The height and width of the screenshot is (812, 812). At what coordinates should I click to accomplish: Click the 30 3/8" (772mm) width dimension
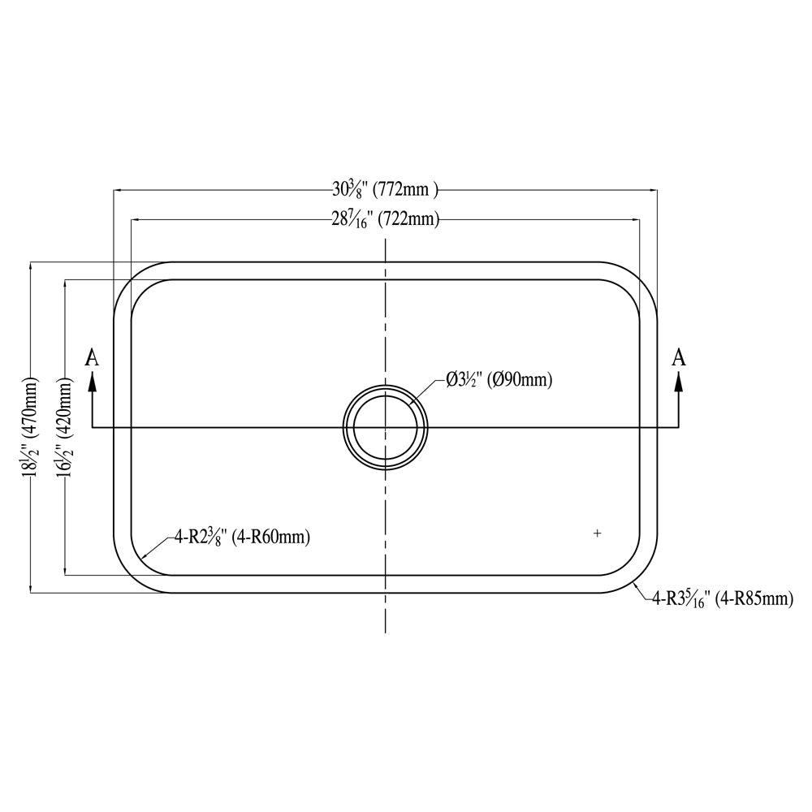click(385, 191)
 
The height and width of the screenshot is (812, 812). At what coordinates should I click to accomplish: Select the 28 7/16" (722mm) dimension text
click(385, 219)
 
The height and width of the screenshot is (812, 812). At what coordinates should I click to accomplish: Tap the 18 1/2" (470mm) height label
click(30, 427)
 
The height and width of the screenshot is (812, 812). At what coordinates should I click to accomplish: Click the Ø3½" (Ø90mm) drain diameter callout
click(499, 379)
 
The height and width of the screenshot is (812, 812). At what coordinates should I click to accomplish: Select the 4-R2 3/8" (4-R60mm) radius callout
click(241, 537)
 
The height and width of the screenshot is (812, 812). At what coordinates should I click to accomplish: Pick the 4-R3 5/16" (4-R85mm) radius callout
click(722, 599)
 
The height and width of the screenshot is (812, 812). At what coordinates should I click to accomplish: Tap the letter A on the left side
click(93, 357)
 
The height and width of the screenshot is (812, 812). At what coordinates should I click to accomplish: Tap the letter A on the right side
click(680, 357)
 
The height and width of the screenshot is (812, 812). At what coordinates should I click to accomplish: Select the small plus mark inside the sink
click(598, 533)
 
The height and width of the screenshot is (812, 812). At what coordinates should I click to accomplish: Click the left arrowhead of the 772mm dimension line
click(117, 191)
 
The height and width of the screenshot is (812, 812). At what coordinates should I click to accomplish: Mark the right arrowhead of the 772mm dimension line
click(653, 191)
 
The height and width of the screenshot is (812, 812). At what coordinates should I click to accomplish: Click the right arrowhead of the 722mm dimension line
click(635, 219)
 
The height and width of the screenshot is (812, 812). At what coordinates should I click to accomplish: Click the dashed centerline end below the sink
click(385, 629)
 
